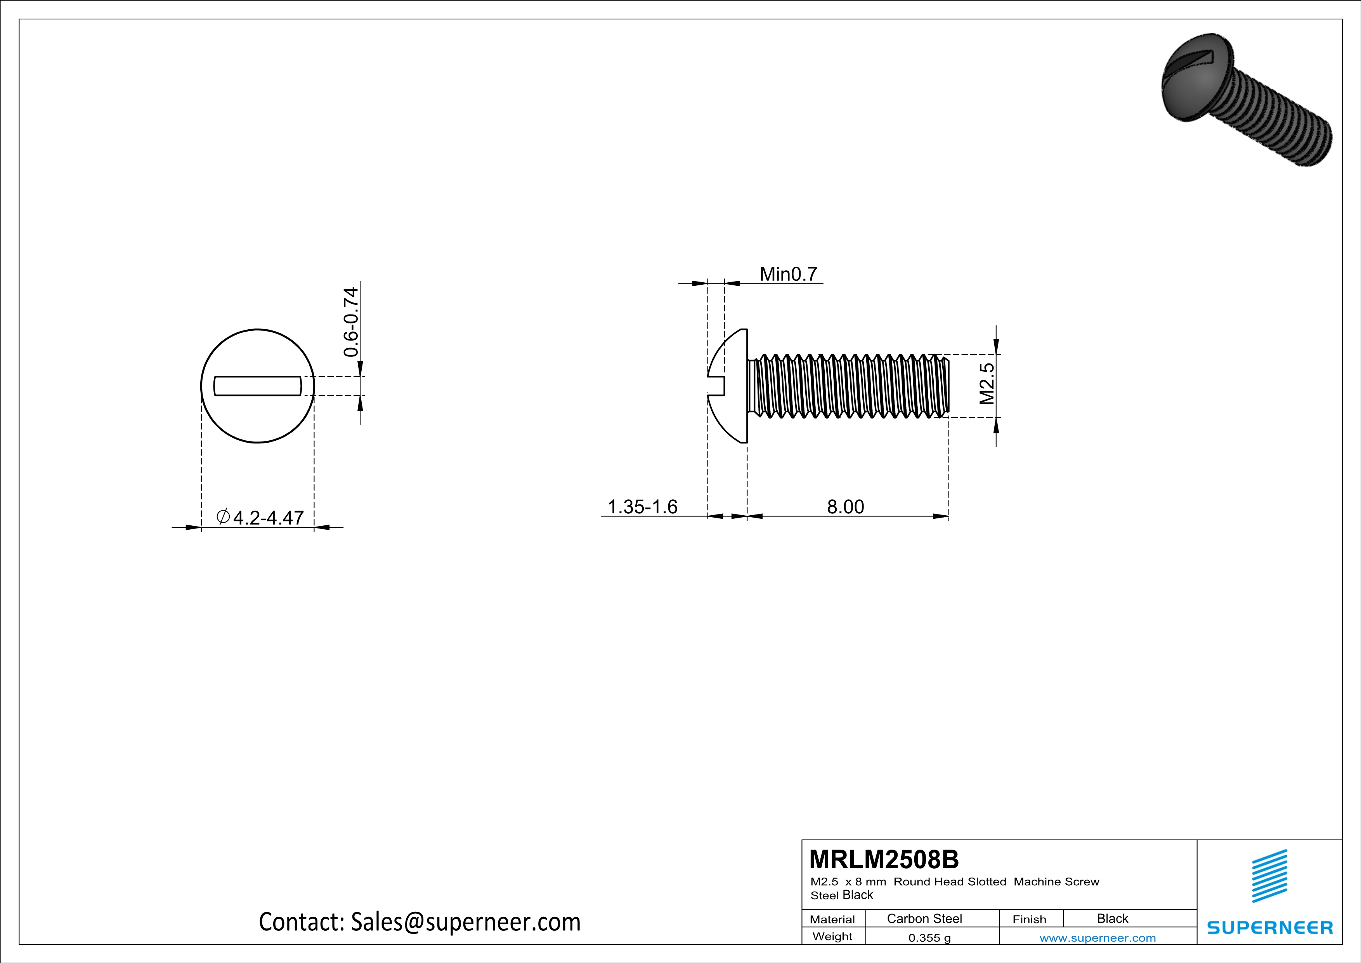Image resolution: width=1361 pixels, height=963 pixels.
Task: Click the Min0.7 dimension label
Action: [788, 274]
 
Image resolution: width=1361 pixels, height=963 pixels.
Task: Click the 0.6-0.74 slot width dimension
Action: [351, 322]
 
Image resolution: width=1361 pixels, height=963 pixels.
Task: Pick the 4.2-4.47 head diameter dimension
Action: [268, 518]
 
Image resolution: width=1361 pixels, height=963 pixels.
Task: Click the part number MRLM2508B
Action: [883, 859]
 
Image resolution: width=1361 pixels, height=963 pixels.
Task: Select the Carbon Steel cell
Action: [924, 918]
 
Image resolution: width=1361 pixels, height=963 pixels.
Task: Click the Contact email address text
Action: [420, 921]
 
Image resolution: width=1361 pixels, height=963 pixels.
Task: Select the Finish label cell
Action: [1029, 919]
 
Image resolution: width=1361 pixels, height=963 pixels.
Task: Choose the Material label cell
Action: [832, 919]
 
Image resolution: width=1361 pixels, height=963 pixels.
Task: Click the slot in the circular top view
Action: [257, 386]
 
